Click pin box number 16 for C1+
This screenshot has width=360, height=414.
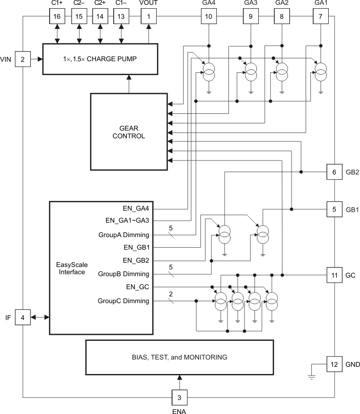click(57, 16)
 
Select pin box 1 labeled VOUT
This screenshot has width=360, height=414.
click(148, 16)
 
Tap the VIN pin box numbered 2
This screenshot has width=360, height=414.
click(23, 59)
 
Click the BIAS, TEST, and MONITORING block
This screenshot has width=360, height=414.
click(179, 357)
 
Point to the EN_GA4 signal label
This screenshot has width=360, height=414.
click(137, 209)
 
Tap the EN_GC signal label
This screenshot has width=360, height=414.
click(138, 287)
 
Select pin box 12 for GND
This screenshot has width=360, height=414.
click(334, 364)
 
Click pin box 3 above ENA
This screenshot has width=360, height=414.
click(180, 398)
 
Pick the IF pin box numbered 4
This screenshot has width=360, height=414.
click(23, 317)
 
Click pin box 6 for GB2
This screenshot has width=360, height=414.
click(334, 172)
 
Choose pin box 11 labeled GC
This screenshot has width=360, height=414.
click(334, 275)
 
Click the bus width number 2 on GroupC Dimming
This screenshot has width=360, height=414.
click(171, 294)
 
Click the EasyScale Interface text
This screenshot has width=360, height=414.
click(71, 268)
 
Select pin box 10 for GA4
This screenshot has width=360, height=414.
click(208, 16)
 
